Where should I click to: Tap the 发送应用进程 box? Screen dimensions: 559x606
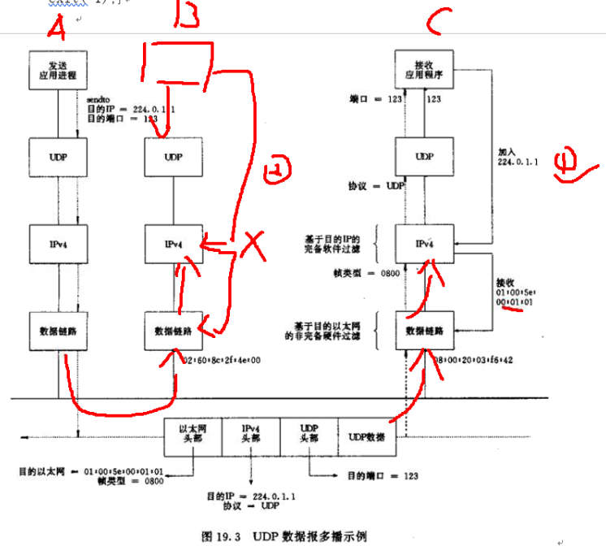pos(57,71)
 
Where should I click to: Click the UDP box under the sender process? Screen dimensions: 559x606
pos(57,156)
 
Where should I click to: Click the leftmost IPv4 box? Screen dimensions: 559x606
pos(57,244)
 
